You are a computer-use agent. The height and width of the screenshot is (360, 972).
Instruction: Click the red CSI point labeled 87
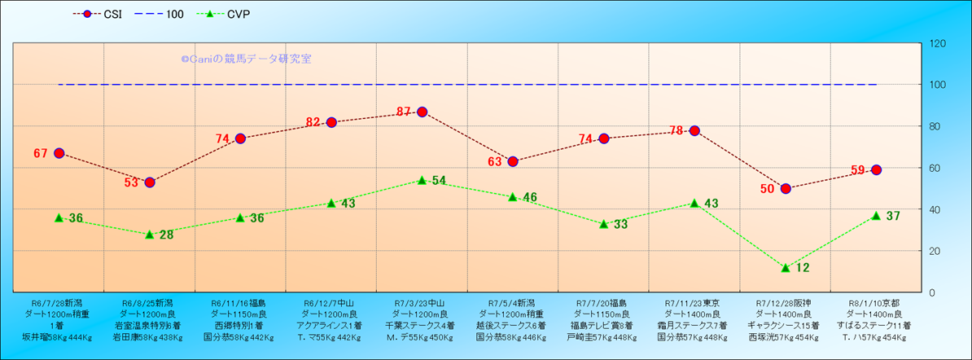click(422, 112)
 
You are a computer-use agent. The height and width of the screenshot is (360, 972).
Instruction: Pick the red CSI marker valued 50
click(786, 188)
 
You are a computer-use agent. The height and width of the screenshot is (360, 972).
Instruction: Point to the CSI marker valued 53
click(150, 182)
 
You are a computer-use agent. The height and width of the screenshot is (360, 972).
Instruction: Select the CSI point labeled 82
click(331, 122)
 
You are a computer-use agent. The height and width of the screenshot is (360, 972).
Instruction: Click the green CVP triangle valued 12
click(786, 267)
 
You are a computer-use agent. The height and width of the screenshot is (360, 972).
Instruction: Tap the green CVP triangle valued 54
click(422, 180)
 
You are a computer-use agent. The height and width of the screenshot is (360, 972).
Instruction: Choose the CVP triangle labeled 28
click(150, 234)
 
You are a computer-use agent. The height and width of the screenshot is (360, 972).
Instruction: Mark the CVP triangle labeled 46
click(513, 196)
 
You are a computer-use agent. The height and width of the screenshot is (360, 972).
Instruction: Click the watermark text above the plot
click(246, 59)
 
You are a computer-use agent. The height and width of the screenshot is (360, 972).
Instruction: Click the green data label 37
click(893, 216)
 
